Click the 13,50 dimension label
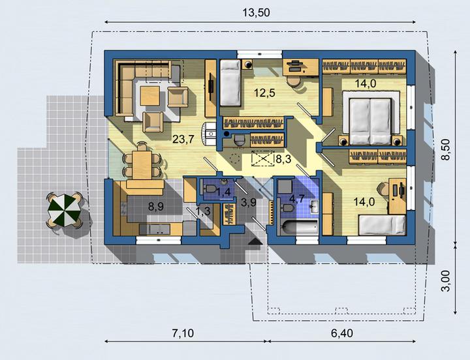click(257, 13)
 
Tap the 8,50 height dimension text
click(446, 149)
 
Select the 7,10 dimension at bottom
click(183, 333)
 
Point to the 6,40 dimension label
click(342, 333)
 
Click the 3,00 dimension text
click(446, 280)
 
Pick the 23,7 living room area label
click(183, 139)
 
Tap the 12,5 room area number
click(264, 93)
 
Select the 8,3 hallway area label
click(283, 159)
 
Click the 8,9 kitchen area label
click(156, 206)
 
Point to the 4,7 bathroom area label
click(297, 198)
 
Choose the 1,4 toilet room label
click(224, 191)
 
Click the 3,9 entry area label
click(249, 203)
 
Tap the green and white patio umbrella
click(64, 210)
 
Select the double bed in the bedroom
click(371, 121)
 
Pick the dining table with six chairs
click(142, 164)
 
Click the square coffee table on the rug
click(150, 95)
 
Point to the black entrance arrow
click(255, 242)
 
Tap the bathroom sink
click(314, 206)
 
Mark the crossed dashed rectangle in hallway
click(263, 158)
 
